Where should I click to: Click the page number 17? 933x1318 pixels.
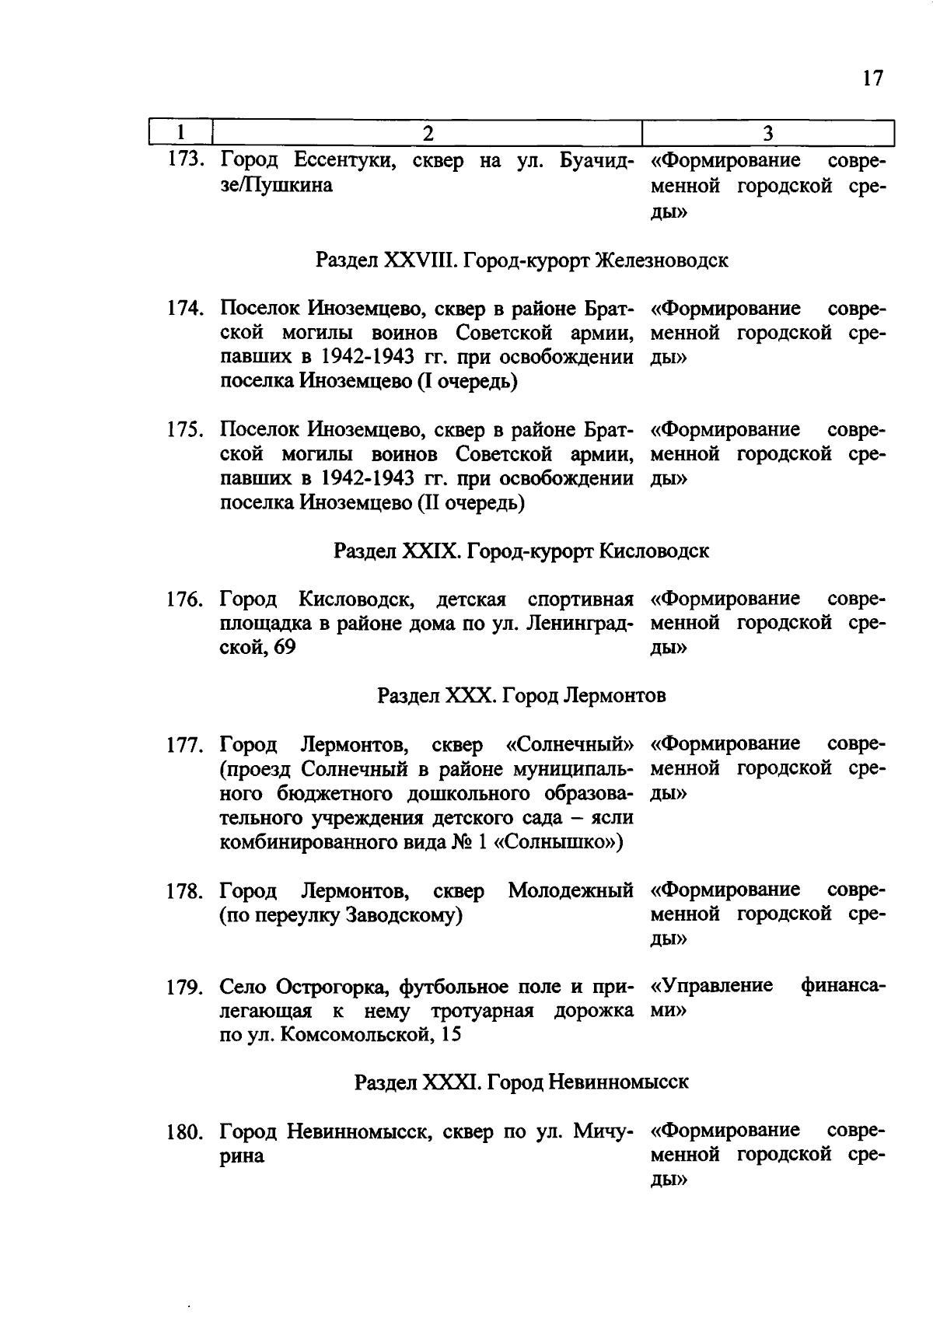(x=872, y=79)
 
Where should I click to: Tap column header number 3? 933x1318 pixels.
(x=767, y=133)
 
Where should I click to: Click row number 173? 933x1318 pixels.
(x=186, y=161)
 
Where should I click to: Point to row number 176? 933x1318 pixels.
(x=186, y=600)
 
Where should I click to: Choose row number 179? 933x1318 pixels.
(x=186, y=988)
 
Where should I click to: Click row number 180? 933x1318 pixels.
(x=186, y=1132)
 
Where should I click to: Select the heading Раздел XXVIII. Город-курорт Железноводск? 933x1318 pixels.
(x=522, y=260)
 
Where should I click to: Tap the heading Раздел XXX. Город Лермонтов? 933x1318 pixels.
(x=522, y=695)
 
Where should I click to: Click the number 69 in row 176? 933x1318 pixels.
(x=285, y=648)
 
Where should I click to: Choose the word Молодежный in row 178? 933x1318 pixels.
(x=571, y=890)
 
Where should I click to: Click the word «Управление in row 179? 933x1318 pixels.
(x=711, y=986)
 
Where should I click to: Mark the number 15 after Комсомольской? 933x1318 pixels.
(x=450, y=1035)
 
